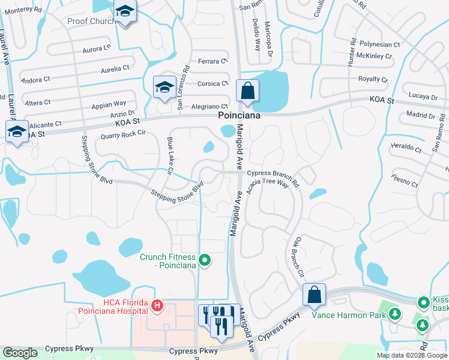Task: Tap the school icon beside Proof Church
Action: tap(125, 12)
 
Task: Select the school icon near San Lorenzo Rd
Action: tap(164, 88)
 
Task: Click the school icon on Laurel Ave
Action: tap(17, 131)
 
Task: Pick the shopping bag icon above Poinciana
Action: tap(247, 92)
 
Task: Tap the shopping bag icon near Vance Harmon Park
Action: tap(314, 295)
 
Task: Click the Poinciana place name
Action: tap(239, 116)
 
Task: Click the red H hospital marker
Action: tap(157, 306)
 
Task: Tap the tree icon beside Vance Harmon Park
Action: tap(394, 313)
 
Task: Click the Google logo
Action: tap(20, 353)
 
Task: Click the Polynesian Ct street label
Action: tap(379, 44)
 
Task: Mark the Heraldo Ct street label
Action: tap(406, 146)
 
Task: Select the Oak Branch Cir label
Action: tap(299, 257)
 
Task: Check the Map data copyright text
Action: tap(412, 355)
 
